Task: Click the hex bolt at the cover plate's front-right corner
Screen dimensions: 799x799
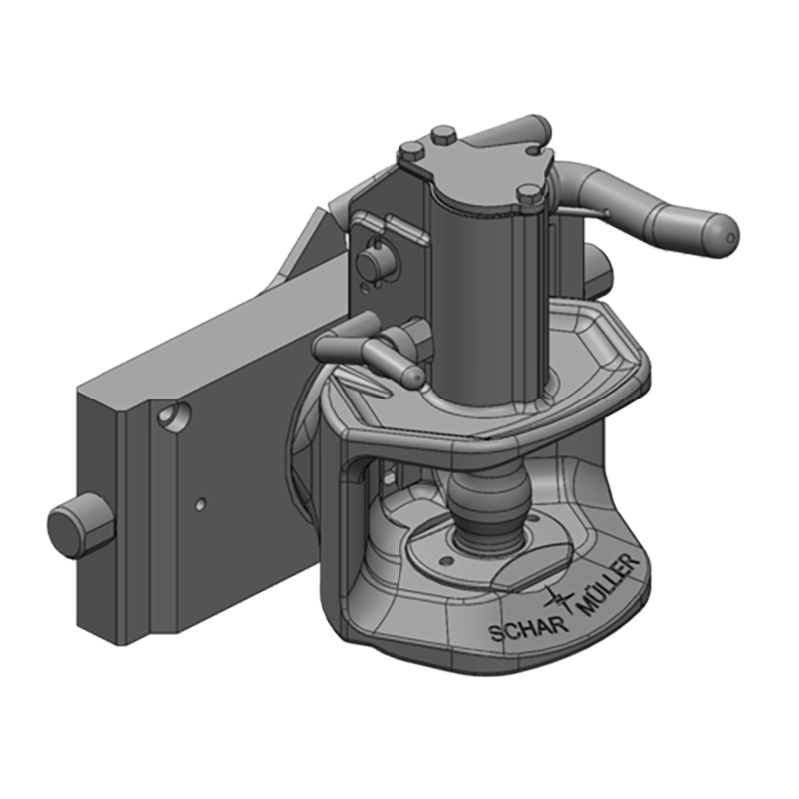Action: coord(530,196)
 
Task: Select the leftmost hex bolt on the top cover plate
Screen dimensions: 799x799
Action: coord(410,153)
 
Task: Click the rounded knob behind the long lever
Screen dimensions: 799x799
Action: coord(599,266)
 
